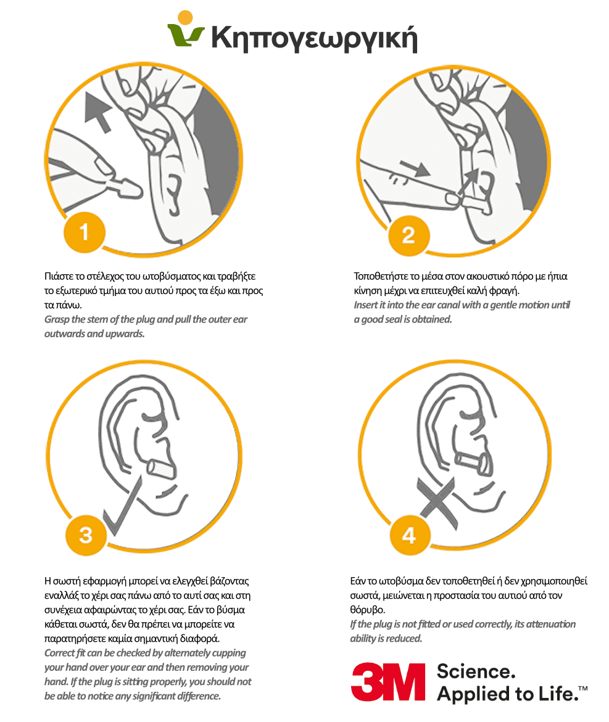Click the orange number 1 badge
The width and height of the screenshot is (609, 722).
point(84,232)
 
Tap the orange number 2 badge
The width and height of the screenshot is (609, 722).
point(408,236)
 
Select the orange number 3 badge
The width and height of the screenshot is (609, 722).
point(86,535)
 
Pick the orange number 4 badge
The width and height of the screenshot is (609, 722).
point(410,535)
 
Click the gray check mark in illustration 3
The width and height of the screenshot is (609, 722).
point(122,506)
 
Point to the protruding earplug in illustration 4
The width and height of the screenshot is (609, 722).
point(474,464)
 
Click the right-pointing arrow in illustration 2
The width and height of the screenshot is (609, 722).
point(415,168)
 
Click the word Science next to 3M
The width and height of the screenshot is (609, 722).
point(476,672)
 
